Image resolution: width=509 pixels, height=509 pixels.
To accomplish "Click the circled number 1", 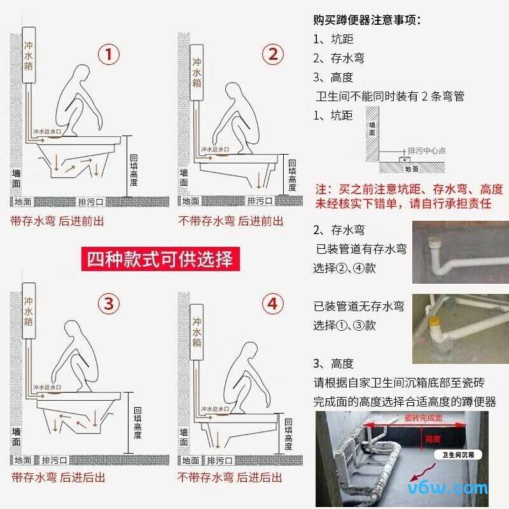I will coord(108,55).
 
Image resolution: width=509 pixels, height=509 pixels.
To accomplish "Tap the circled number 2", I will coord(273,55).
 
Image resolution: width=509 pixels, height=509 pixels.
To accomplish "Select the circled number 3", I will coord(108,304).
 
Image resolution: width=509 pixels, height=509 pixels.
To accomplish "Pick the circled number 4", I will coord(273,304).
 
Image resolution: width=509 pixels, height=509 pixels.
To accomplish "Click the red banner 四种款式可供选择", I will coord(160,259).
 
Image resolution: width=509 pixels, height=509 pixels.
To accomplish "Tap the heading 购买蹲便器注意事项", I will coord(367,19).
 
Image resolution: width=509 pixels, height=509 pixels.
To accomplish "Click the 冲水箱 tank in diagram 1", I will coord(29,56).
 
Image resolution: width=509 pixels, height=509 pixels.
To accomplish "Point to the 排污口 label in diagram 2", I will coord(260,201).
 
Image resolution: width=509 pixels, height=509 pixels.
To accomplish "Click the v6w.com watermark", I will coord(454,488).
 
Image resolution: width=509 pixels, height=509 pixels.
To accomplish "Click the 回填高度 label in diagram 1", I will coord(133,170).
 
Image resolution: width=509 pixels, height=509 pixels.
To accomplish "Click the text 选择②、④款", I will coord(344,268).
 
